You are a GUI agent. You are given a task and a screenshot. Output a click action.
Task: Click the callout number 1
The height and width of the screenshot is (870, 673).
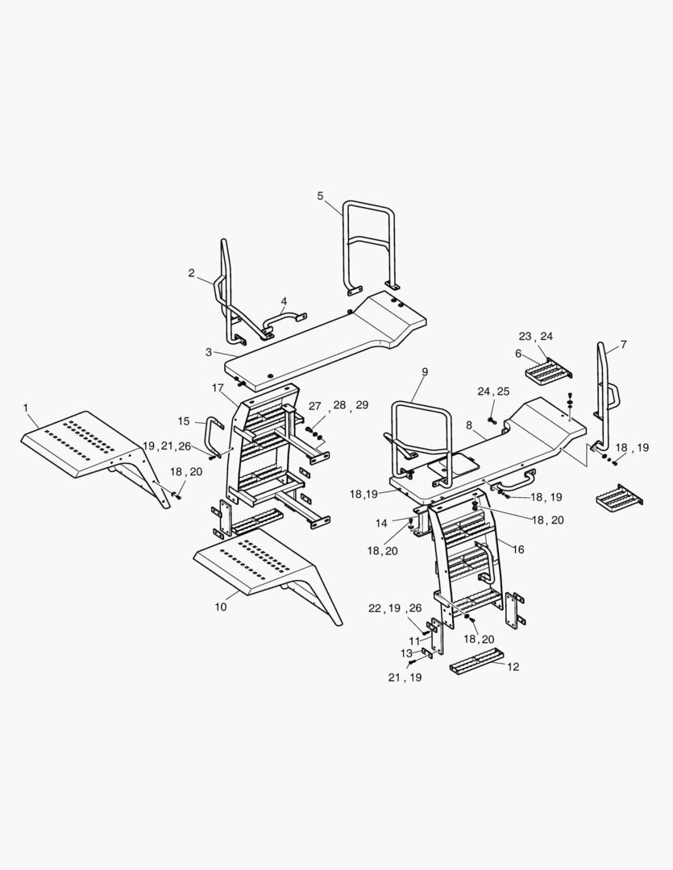click(26, 408)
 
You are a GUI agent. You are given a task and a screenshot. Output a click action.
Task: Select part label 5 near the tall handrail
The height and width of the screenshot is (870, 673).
click(320, 196)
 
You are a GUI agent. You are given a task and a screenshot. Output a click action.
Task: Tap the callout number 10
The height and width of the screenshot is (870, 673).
click(221, 607)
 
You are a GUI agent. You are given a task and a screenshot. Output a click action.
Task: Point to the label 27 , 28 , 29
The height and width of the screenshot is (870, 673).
click(339, 405)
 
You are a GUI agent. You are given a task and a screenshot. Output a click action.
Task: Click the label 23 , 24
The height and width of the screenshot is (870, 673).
click(536, 336)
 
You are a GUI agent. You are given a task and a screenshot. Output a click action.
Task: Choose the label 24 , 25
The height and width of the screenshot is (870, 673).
click(493, 391)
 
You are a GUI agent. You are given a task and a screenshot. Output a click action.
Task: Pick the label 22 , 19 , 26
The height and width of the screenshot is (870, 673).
click(395, 609)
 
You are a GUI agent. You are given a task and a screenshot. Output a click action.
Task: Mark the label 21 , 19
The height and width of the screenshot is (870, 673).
click(405, 677)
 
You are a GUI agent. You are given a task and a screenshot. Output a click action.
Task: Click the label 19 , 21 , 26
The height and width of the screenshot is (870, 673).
click(167, 446)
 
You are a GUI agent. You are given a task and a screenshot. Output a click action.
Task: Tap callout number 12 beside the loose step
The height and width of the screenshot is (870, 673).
click(513, 666)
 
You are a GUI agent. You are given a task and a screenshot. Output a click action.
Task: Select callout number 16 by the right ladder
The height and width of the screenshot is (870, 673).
click(518, 550)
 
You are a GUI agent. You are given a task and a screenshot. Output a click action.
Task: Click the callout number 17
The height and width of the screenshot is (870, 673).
click(218, 387)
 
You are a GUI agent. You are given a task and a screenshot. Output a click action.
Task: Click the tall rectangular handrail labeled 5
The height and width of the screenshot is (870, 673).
click(369, 244)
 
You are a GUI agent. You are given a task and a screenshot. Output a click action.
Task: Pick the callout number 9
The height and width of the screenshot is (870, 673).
click(425, 371)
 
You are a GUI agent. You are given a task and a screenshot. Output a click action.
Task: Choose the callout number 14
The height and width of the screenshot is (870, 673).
click(381, 524)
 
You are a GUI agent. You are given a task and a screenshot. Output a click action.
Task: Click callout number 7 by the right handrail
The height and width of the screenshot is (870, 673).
click(623, 345)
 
